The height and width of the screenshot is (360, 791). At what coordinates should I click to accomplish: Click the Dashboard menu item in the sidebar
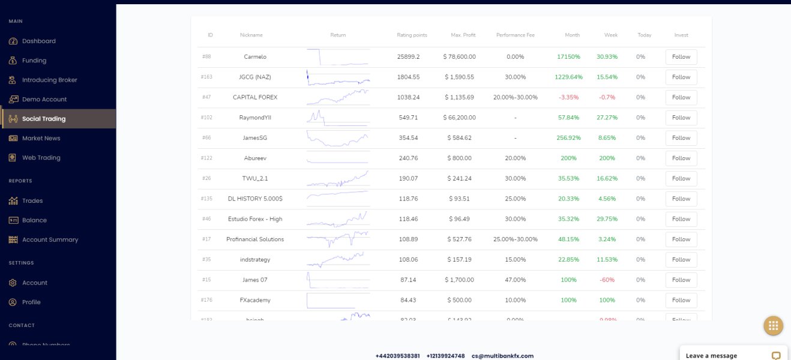point(38,41)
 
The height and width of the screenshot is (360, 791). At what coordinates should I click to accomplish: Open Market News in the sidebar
point(41,139)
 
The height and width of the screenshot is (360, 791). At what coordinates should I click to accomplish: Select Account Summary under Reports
point(50,240)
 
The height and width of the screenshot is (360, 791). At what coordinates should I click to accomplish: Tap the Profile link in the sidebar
point(31,302)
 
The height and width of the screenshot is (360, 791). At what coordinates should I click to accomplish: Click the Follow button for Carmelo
point(681,57)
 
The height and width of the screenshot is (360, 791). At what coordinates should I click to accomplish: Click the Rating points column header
point(412,35)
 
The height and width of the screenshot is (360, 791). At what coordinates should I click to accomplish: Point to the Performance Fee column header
point(515,35)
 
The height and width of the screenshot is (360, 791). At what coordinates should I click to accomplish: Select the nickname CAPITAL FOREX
point(255,97)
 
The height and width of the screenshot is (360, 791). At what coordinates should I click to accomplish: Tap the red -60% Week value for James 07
point(610,280)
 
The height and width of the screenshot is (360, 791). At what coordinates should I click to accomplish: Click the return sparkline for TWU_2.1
point(338,179)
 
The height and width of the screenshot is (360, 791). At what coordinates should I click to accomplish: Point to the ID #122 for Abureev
point(206,158)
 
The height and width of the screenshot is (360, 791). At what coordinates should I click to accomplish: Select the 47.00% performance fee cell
point(515,280)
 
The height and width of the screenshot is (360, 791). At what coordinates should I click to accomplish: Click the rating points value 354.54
point(408,138)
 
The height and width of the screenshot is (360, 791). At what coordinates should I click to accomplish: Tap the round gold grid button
point(773,326)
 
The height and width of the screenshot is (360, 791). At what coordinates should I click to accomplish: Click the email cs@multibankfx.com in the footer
point(502,356)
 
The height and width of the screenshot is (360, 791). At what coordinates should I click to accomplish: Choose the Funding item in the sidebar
point(34,61)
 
